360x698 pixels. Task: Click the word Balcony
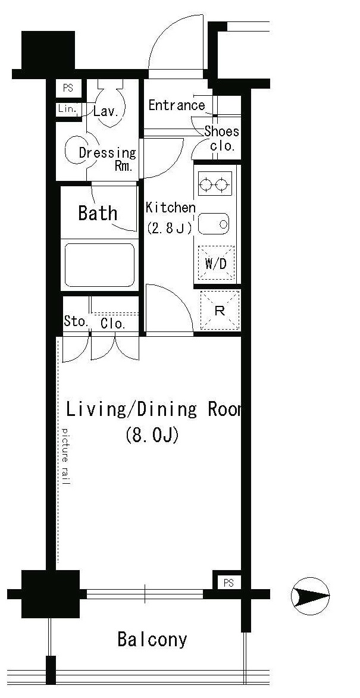pos(152,640)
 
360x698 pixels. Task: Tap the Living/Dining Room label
pos(154,409)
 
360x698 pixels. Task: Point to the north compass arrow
pos(310,594)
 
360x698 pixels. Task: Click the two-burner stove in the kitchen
pos(215,184)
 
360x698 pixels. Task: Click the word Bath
pos(98,213)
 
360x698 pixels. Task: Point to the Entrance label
pos(177,105)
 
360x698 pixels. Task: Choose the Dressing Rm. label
pos(108,158)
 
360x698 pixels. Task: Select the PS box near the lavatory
pos(68,88)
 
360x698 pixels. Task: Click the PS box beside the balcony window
pos(228,583)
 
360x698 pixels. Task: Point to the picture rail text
pos(65,456)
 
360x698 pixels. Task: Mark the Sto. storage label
pos(76,323)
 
